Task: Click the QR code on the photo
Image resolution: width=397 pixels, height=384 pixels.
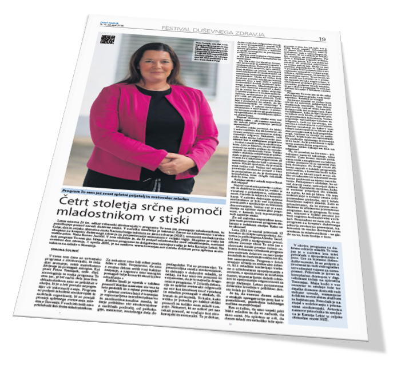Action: (x=104, y=39)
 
